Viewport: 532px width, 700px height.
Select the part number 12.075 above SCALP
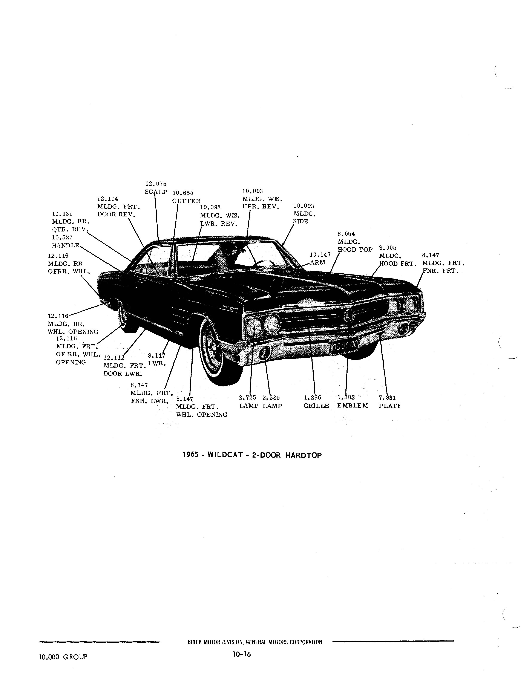(x=156, y=184)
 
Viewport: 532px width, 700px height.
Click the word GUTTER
(x=186, y=201)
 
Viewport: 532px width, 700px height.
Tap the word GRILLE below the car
(x=316, y=406)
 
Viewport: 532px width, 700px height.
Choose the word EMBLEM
(x=353, y=406)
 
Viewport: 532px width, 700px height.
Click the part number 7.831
(x=387, y=398)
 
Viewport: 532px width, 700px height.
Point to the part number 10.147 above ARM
(x=320, y=254)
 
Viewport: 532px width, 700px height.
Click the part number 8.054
(x=346, y=234)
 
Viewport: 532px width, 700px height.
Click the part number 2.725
(x=247, y=398)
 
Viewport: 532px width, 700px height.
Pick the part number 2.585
(x=271, y=398)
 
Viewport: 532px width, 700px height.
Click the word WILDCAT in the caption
(x=225, y=455)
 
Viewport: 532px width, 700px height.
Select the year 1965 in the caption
(x=191, y=455)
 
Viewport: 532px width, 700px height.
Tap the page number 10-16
(x=242, y=654)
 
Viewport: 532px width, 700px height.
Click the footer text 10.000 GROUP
(x=63, y=657)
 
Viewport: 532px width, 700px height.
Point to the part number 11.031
(x=62, y=214)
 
